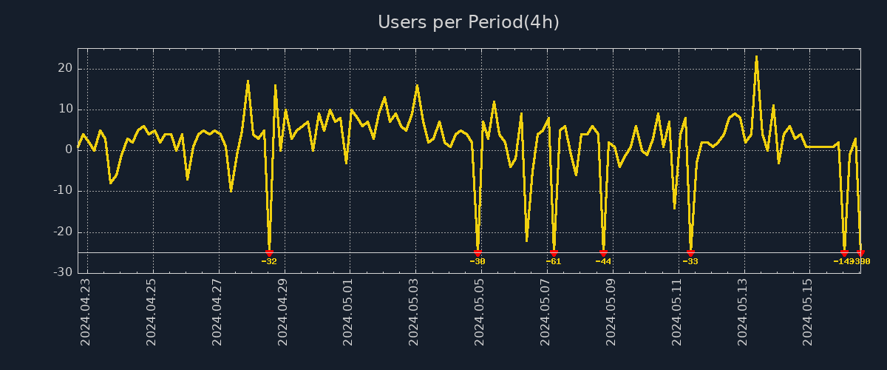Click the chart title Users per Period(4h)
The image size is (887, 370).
[x=468, y=22]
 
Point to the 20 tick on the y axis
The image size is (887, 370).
[x=64, y=68]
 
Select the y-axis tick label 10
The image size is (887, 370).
[x=64, y=109]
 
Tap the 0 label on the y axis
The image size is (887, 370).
[x=68, y=149]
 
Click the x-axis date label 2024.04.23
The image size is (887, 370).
[x=86, y=312]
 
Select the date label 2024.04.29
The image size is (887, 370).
[x=283, y=312]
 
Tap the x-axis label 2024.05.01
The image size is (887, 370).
[x=349, y=312]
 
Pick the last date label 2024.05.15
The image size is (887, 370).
[x=809, y=312]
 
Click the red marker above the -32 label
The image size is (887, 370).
[x=269, y=253]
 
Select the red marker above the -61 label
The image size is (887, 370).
[x=554, y=253]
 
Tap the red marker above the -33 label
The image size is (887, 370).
[x=690, y=253]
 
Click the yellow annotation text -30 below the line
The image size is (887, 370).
[x=478, y=261]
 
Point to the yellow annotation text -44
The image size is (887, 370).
[x=603, y=261]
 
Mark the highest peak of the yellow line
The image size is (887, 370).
[x=756, y=56]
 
